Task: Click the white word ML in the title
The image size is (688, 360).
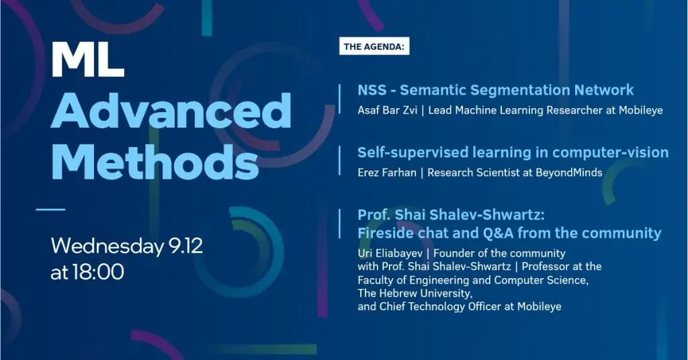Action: click(x=88, y=60)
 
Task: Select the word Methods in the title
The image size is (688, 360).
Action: click(x=155, y=161)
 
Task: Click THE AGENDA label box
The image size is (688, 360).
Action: click(x=374, y=46)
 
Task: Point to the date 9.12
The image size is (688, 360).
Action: click(x=185, y=246)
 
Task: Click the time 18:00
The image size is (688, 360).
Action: click(x=98, y=272)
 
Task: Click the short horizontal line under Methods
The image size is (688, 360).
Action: click(x=50, y=209)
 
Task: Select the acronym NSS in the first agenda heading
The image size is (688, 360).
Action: click(x=372, y=90)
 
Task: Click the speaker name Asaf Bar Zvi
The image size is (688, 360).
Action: click(x=387, y=110)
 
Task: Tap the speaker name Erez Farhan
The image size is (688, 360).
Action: click(x=386, y=173)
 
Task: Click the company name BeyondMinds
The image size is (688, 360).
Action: click(x=568, y=173)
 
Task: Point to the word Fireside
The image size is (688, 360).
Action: click(x=382, y=233)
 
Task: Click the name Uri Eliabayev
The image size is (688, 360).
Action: click(x=390, y=253)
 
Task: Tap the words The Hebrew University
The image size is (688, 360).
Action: click(x=414, y=293)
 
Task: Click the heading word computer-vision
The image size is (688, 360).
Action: click(x=610, y=153)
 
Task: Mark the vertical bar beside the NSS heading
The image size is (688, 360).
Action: click(x=339, y=99)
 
